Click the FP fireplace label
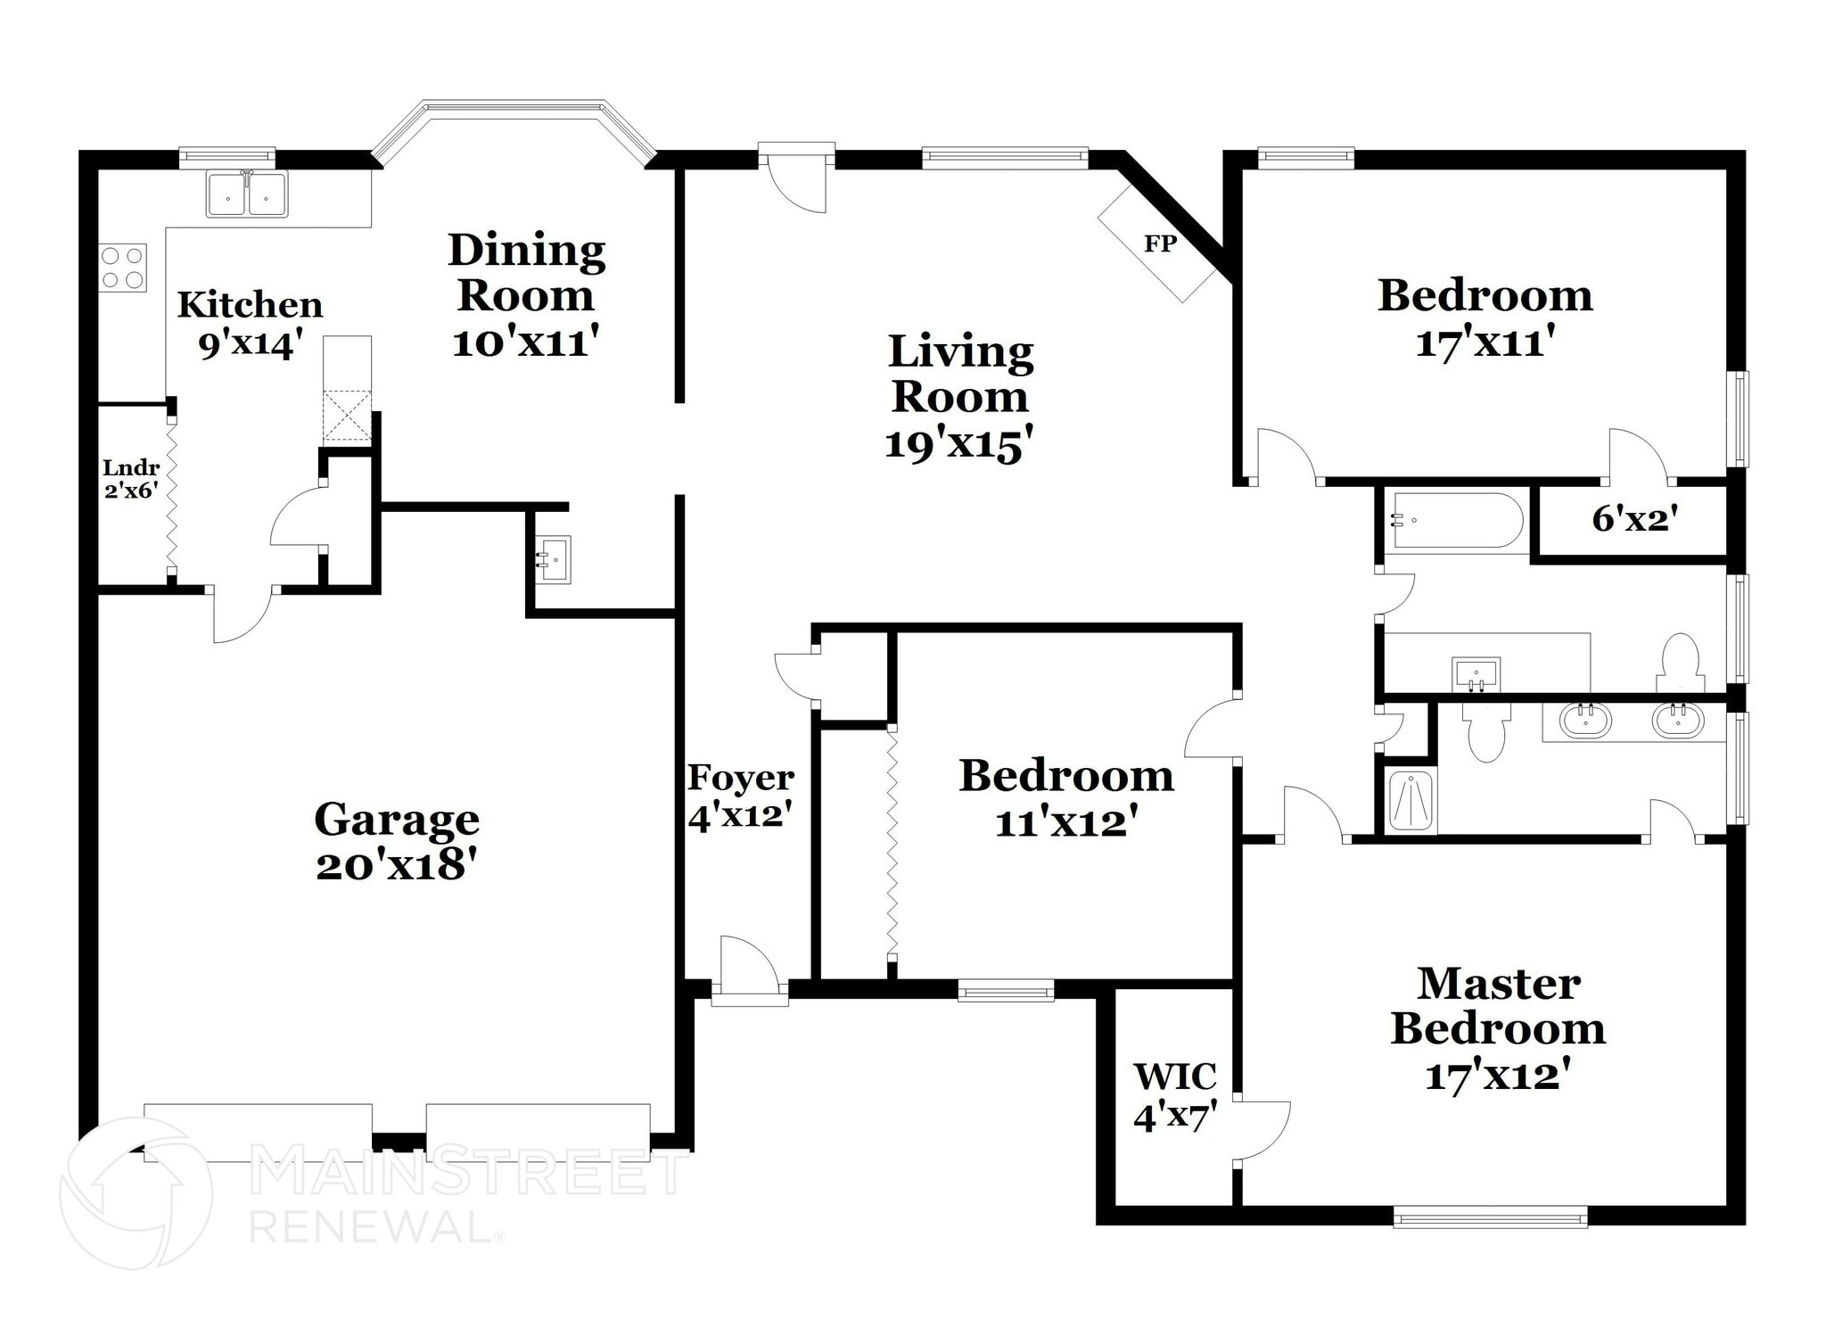(x=1160, y=243)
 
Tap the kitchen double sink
(x=247, y=194)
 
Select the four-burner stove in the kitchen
(x=122, y=268)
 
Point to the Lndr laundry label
(x=131, y=467)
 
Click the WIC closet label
(x=1175, y=1076)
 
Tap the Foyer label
(x=740, y=778)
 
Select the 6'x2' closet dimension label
(x=1635, y=518)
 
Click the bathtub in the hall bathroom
(x=1456, y=521)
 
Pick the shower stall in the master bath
(x=1411, y=800)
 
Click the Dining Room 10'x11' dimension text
(x=525, y=342)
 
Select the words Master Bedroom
(x=1498, y=1006)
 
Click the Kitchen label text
(x=250, y=305)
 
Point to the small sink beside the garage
(x=554, y=560)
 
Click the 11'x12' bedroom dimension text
(x=1066, y=822)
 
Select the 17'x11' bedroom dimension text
(x=1485, y=342)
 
